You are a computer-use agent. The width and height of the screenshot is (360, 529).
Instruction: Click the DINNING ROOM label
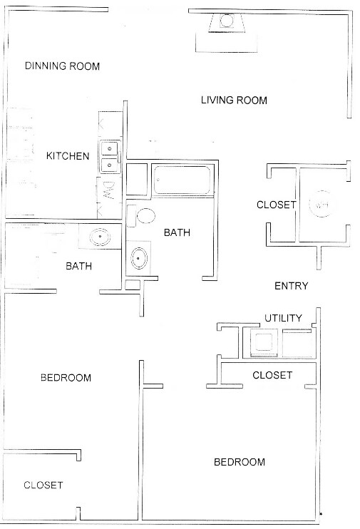pos(62,66)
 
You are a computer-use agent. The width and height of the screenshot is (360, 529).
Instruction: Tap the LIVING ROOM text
pos(233,101)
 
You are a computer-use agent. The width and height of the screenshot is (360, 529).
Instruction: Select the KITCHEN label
pos(68,156)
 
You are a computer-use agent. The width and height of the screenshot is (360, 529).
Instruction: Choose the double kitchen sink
pos(109,157)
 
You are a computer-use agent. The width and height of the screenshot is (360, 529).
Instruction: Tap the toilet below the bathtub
pos(143,217)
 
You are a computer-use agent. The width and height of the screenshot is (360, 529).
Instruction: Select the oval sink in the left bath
pos(98,236)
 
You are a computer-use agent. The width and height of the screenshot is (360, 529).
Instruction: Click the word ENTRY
pos(291,286)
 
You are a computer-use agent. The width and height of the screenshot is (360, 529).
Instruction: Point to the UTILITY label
pos(283,318)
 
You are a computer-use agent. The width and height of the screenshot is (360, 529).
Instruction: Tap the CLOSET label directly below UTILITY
pos(272,375)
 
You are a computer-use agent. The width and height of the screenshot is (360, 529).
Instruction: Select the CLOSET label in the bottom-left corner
pos(43,486)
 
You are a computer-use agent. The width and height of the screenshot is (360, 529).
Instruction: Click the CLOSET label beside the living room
pos(276,205)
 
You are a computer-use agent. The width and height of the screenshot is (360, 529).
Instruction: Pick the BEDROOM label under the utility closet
pos(240,462)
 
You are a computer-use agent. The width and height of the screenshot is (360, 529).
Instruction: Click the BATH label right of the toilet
pos(176,232)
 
